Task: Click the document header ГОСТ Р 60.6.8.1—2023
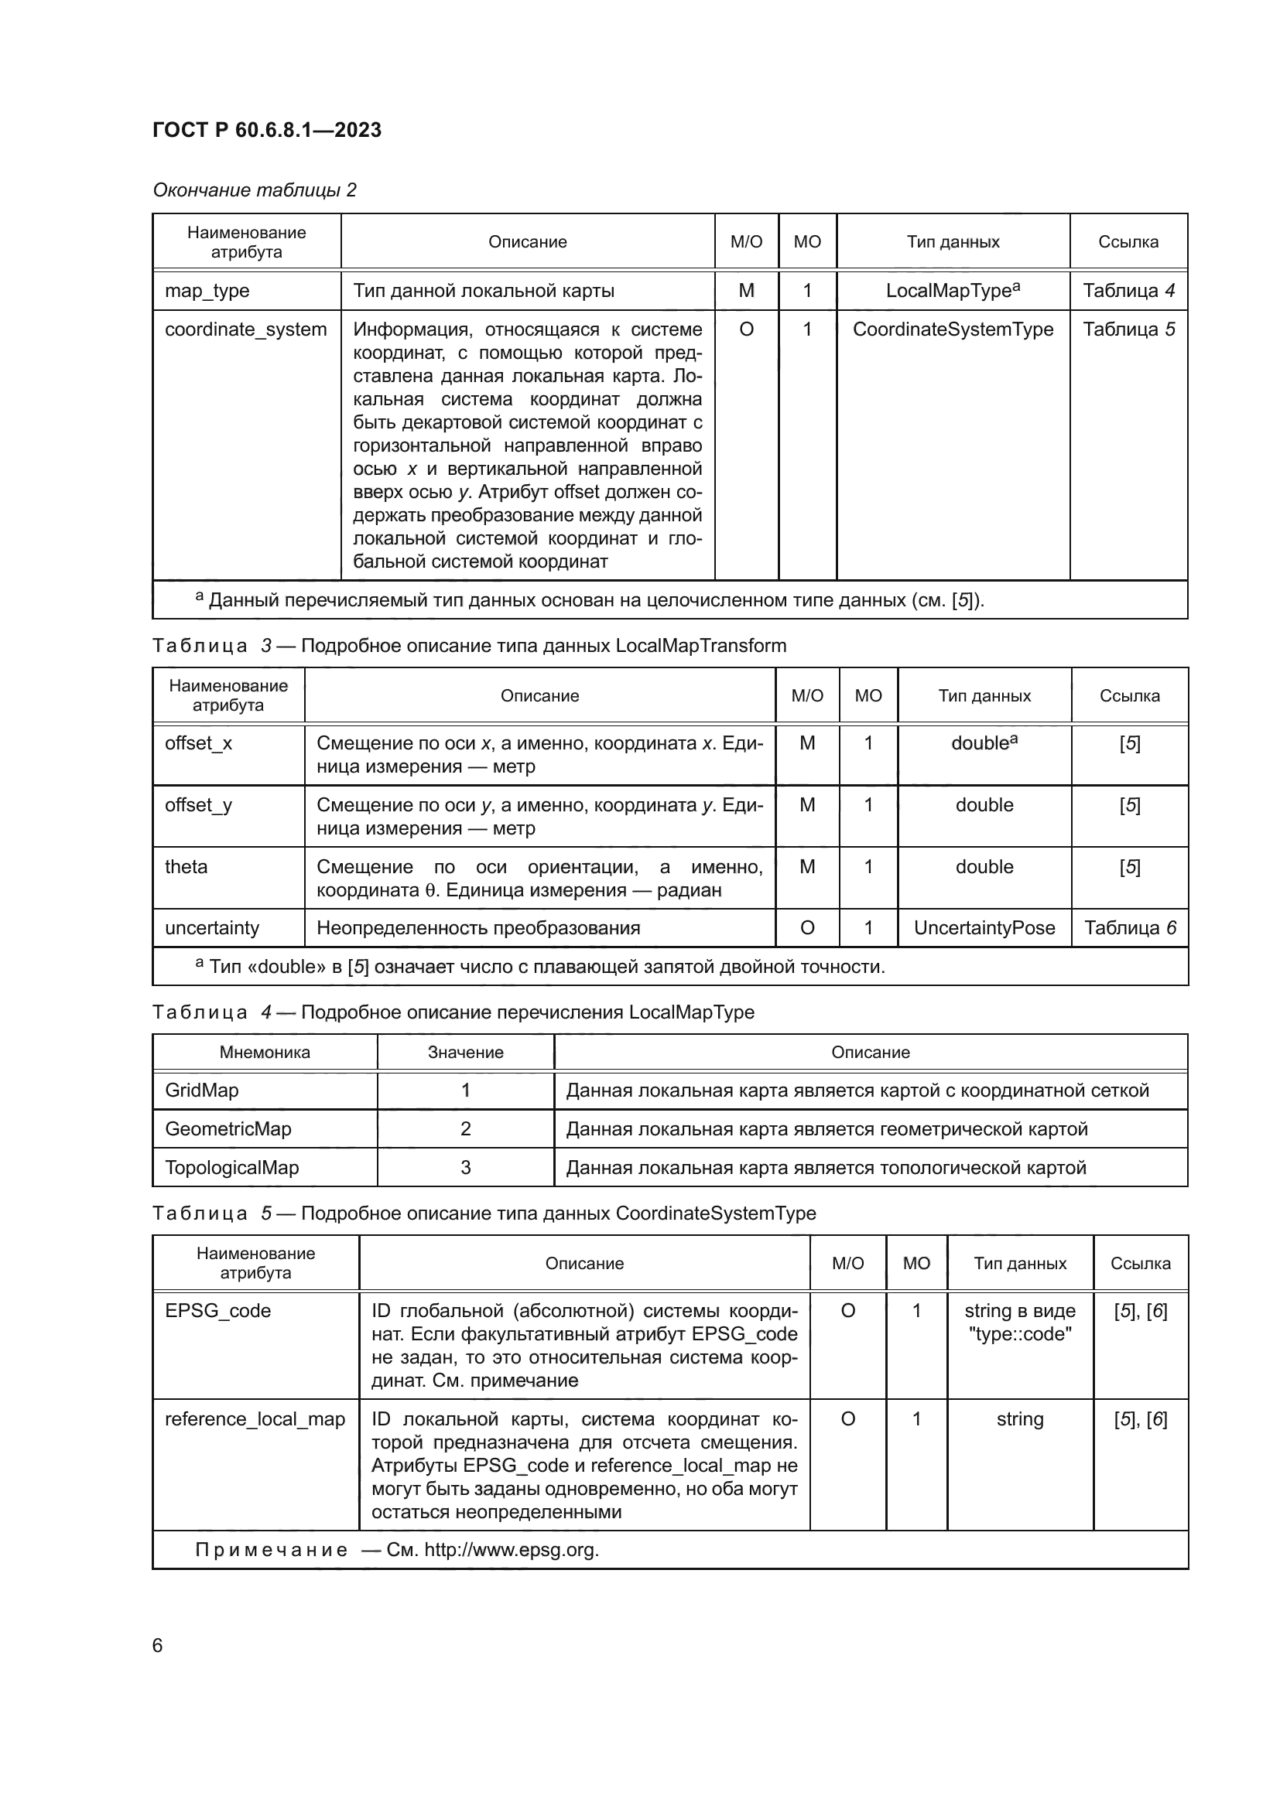coord(266,130)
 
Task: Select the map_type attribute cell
coord(207,291)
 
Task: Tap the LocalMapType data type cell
coord(952,291)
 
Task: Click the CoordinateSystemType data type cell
coord(952,329)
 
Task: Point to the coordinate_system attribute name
coord(245,329)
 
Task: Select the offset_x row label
coord(198,743)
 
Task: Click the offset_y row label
coord(198,804)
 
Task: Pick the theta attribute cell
coord(186,867)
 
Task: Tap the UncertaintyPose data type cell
coord(984,927)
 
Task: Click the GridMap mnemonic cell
coord(202,1090)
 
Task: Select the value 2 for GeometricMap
coord(465,1128)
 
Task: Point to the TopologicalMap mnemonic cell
coord(231,1167)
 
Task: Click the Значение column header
coord(465,1052)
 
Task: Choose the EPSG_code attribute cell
coord(217,1310)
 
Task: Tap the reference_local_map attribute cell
coord(255,1419)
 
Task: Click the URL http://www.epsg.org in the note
coord(511,1550)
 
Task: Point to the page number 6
coord(158,1645)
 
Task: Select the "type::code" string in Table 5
coord(1020,1334)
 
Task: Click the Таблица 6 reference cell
coord(1129,927)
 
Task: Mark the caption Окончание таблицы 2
coord(254,190)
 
